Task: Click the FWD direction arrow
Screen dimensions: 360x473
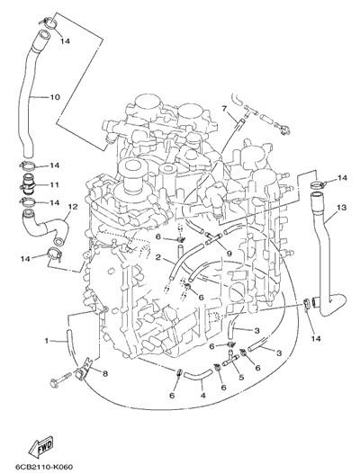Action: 40,445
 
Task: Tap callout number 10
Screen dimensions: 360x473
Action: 55,97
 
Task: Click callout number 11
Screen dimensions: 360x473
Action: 54,184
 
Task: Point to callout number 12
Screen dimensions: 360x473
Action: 73,207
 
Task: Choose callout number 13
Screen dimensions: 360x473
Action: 341,208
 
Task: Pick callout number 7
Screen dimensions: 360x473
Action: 224,108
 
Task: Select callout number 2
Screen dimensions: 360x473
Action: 157,257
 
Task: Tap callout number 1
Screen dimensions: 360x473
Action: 47,341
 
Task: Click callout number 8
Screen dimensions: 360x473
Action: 105,374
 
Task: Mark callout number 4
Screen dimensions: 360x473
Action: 203,395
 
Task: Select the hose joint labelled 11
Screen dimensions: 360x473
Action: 29,184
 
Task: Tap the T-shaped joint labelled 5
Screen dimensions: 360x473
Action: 230,358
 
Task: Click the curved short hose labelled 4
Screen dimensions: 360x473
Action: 198,374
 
